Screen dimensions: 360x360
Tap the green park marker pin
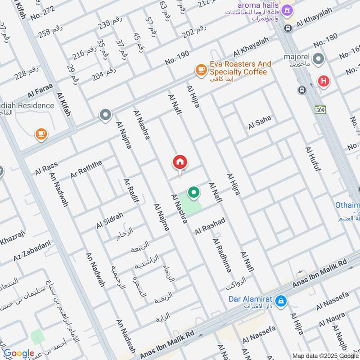point(193,193)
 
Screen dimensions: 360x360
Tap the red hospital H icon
point(323,81)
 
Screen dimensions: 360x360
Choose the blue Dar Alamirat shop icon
point(281,301)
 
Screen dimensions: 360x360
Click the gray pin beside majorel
point(319,58)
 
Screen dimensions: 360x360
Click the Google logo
point(19,353)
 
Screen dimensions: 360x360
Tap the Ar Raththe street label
point(86,168)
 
